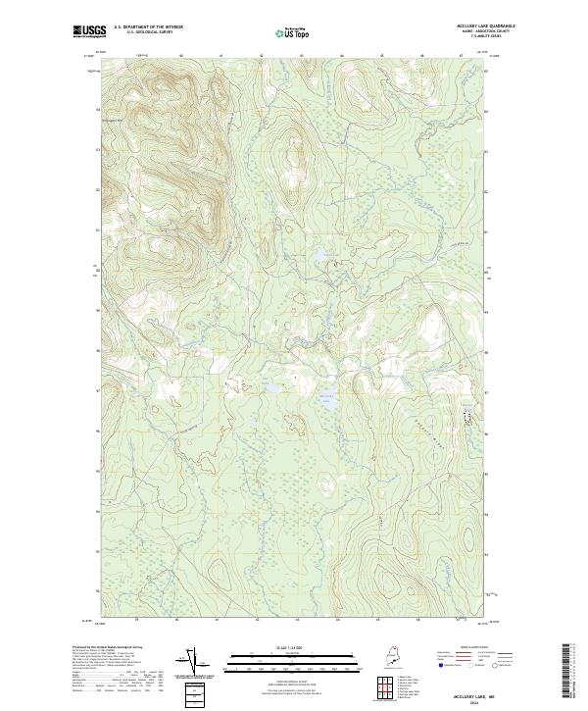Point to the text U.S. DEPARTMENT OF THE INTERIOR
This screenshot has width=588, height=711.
[148, 26]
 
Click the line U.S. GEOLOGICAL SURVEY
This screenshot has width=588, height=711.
[148, 31]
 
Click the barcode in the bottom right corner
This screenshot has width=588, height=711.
[566, 673]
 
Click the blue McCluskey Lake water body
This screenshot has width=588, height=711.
[327, 401]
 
